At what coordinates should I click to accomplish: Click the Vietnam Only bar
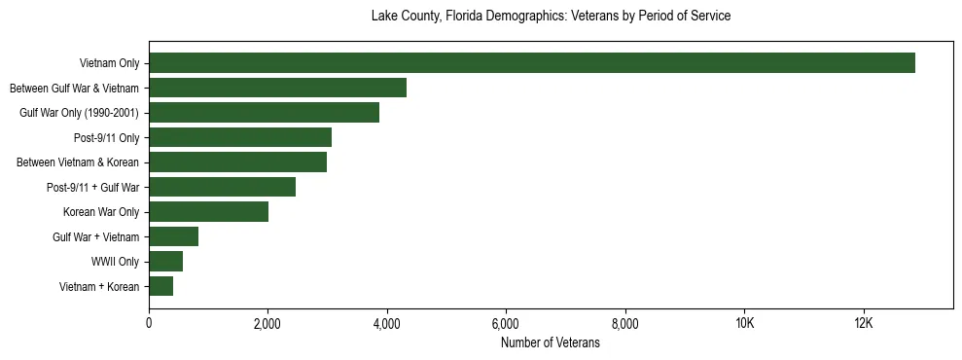532,63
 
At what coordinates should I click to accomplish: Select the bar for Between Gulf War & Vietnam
278,88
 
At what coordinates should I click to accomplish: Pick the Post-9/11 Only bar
240,137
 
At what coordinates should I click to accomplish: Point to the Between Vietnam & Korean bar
238,162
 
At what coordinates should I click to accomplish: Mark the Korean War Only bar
209,212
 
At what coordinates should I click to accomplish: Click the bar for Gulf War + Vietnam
174,236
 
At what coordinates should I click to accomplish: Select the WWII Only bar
166,262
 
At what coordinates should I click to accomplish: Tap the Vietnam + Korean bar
161,286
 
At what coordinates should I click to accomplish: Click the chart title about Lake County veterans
551,17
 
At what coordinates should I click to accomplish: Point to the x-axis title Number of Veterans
551,342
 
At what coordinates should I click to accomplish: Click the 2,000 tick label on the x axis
267,323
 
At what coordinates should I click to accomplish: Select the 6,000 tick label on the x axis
506,323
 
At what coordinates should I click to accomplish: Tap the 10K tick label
744,323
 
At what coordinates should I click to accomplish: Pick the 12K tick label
864,323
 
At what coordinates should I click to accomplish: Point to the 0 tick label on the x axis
149,323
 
